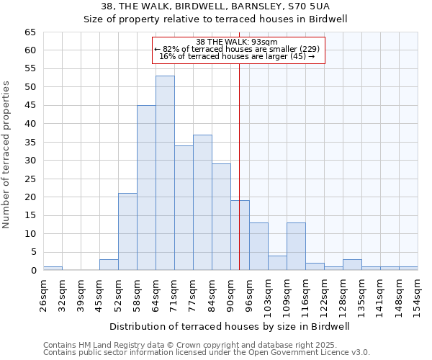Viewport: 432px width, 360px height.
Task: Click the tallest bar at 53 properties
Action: (x=165, y=173)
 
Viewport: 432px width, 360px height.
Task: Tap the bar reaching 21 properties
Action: (x=127, y=232)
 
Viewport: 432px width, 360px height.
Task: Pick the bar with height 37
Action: (x=202, y=202)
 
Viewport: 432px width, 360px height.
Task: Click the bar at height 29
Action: (x=221, y=217)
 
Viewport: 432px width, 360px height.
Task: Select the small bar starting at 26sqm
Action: (x=53, y=269)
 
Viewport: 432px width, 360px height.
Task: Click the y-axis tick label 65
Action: (x=30, y=32)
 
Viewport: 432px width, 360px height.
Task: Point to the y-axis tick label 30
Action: (x=30, y=161)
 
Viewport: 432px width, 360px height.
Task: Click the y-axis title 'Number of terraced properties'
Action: (x=7, y=155)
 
